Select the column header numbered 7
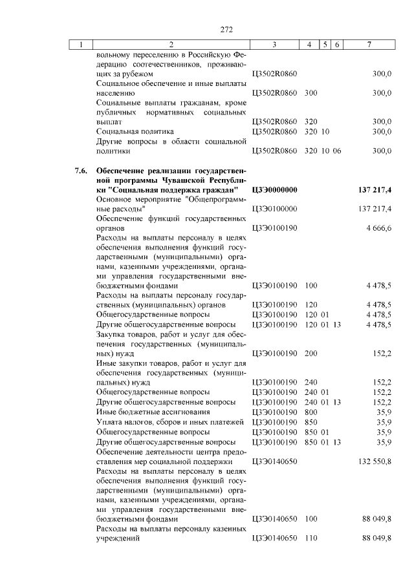click(369, 45)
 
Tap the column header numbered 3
click(274, 45)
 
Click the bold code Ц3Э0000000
click(274, 190)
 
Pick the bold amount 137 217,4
click(374, 190)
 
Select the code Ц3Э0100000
click(274, 209)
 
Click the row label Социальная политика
click(135, 131)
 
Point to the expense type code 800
click(310, 411)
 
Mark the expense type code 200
click(310, 353)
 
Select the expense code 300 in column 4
click(310, 93)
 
